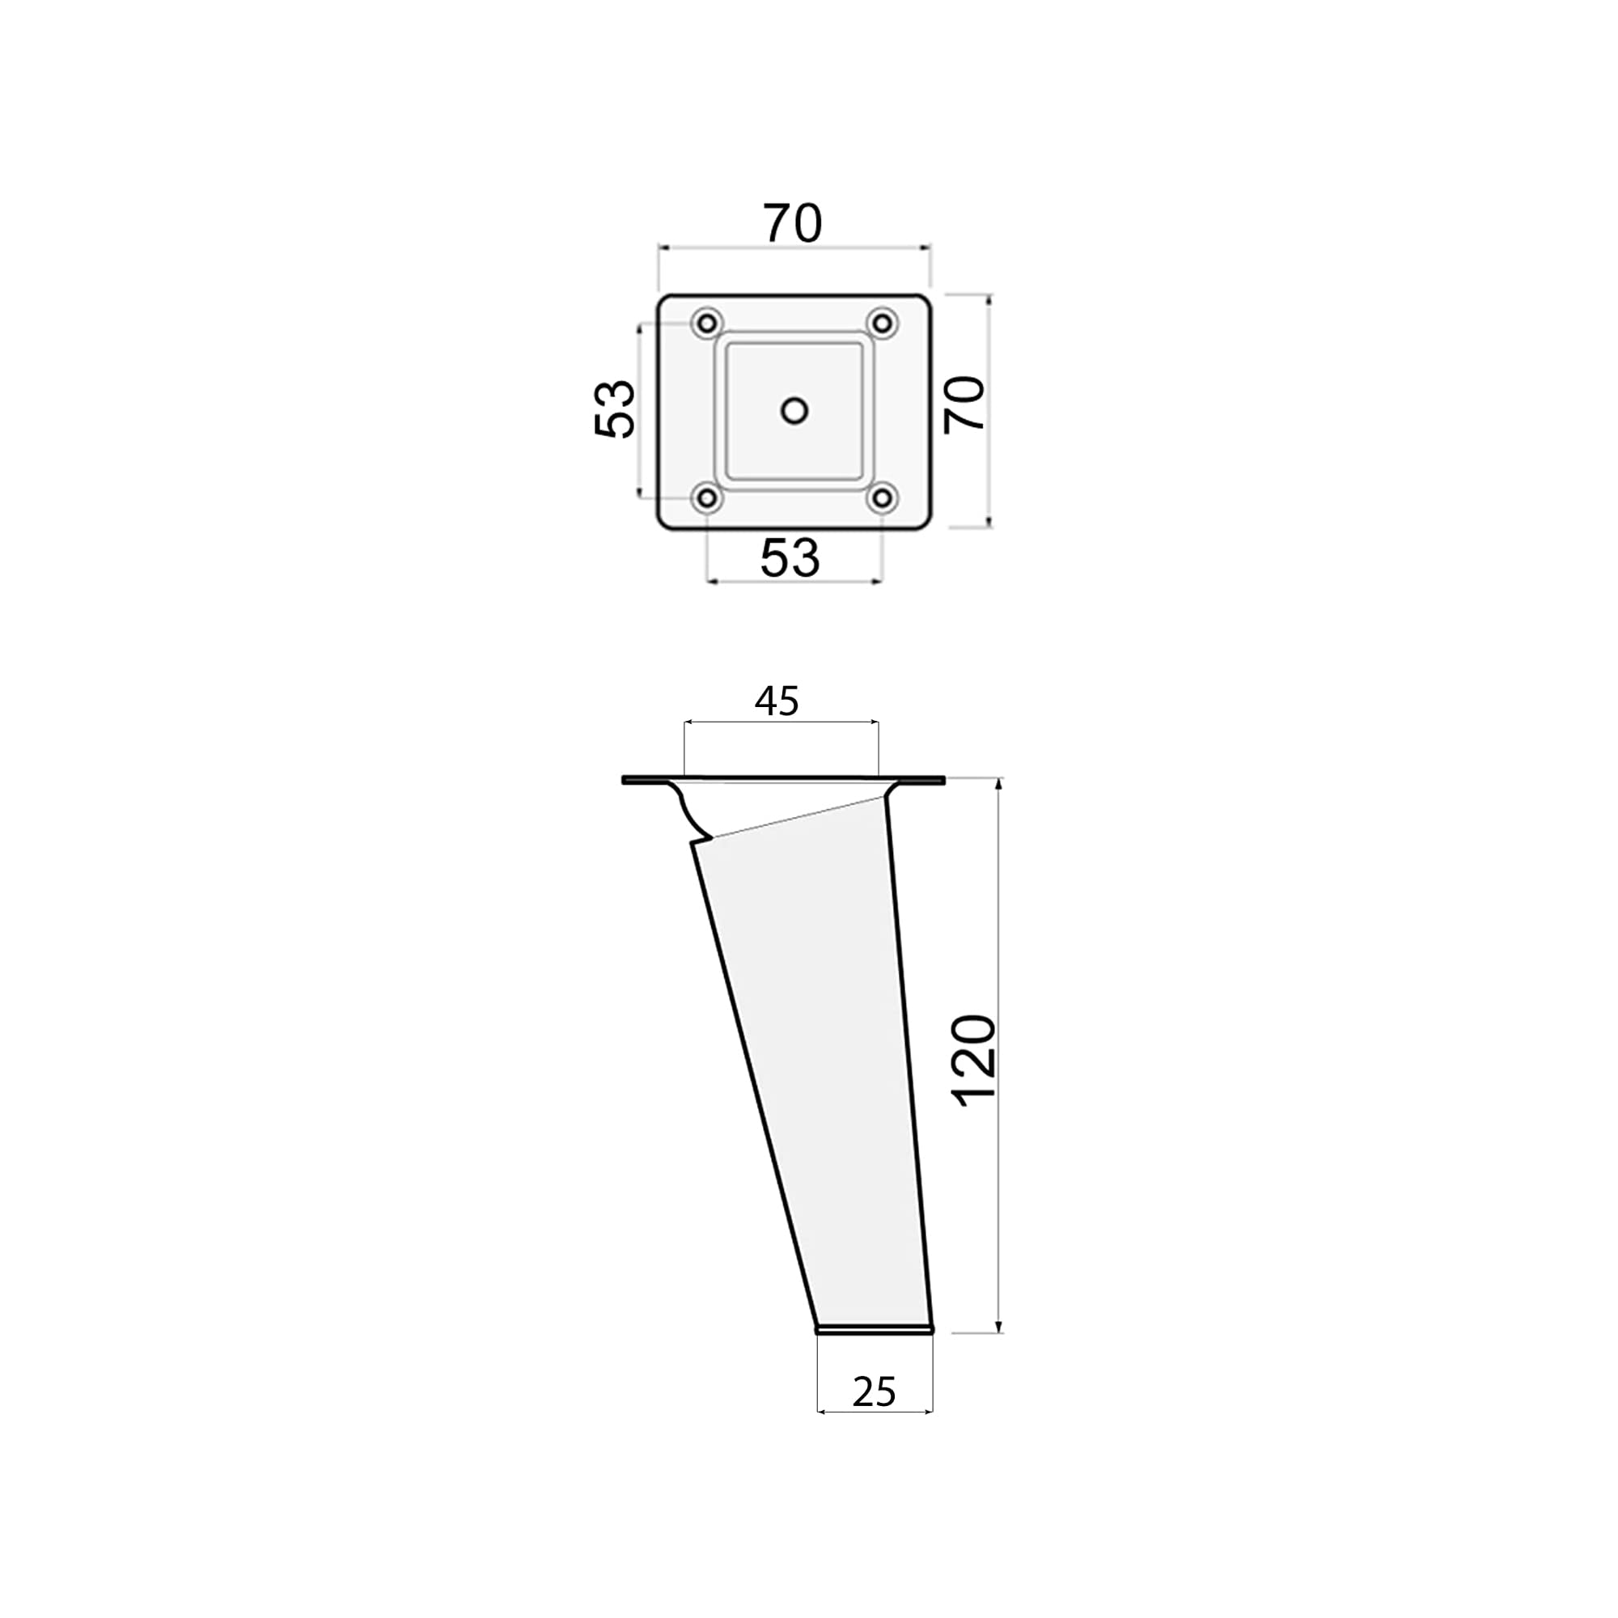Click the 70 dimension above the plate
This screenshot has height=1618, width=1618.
(791, 223)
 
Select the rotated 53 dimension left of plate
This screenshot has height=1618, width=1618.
(614, 409)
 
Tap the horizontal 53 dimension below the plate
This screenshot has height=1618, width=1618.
(790, 557)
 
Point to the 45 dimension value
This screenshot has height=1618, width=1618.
(777, 701)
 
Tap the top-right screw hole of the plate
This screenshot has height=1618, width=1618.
(882, 323)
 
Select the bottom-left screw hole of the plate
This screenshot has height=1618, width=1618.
(708, 499)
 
